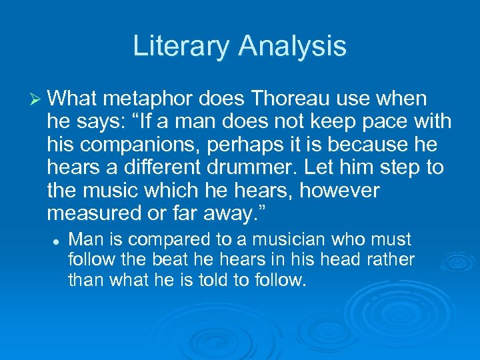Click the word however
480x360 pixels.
339,191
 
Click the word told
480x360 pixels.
221,279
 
